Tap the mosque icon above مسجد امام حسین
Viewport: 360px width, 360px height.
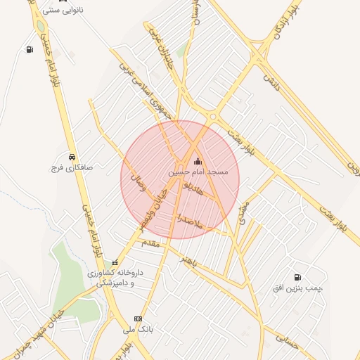[x=197, y=161]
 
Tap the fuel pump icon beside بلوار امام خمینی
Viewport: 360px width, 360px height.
[x=30, y=49]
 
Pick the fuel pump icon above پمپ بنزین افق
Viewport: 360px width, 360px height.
[x=298, y=277]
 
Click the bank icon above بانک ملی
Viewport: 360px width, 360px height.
[x=138, y=318]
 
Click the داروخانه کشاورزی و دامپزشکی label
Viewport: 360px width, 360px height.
[x=115, y=277]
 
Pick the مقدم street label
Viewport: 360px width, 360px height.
[x=151, y=243]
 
